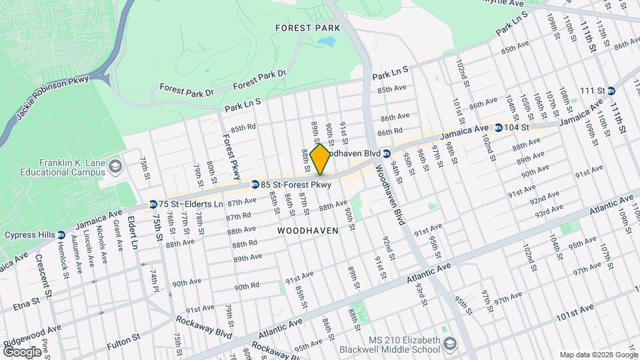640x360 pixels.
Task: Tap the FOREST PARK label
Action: pyautogui.click(x=307, y=28)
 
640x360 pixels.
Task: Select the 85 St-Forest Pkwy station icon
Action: pyautogui.click(x=255, y=185)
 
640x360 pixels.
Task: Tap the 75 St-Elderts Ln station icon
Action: pyautogui.click(x=153, y=204)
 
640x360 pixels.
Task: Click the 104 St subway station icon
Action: pyautogui.click(x=498, y=127)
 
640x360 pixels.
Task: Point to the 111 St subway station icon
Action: pyautogui.click(x=611, y=91)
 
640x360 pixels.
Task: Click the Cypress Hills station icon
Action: pyautogui.click(x=61, y=235)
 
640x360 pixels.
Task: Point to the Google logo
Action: pyautogui.click(x=22, y=351)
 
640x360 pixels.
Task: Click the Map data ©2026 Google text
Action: pyautogui.click(x=597, y=355)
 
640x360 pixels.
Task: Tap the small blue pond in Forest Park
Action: pyautogui.click(x=326, y=43)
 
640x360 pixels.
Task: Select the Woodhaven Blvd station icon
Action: pyautogui.click(x=387, y=153)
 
